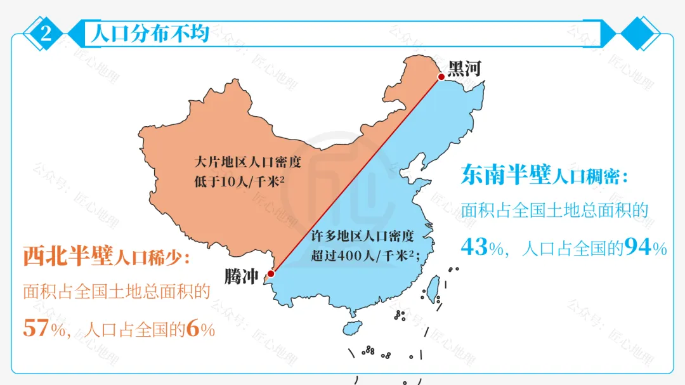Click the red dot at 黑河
[441, 77]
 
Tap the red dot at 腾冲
[271, 274]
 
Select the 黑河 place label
[464, 68]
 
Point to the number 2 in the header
[46, 34]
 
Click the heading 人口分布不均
[150, 34]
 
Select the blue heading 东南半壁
[505, 174]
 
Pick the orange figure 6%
[200, 330]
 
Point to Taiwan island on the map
[433, 289]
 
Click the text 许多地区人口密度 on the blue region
[362, 237]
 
